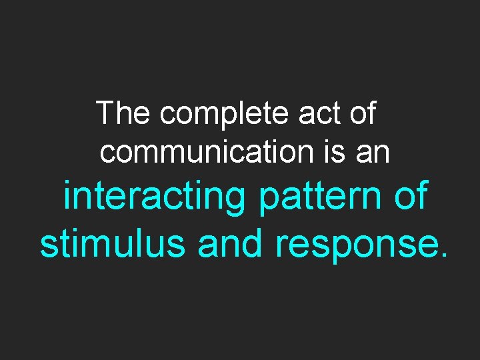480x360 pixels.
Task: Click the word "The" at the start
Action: (x=123, y=113)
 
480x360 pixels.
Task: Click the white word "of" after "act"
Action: (x=363, y=113)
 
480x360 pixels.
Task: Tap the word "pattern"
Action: (x=317, y=198)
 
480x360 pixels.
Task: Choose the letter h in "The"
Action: (x=124, y=113)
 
